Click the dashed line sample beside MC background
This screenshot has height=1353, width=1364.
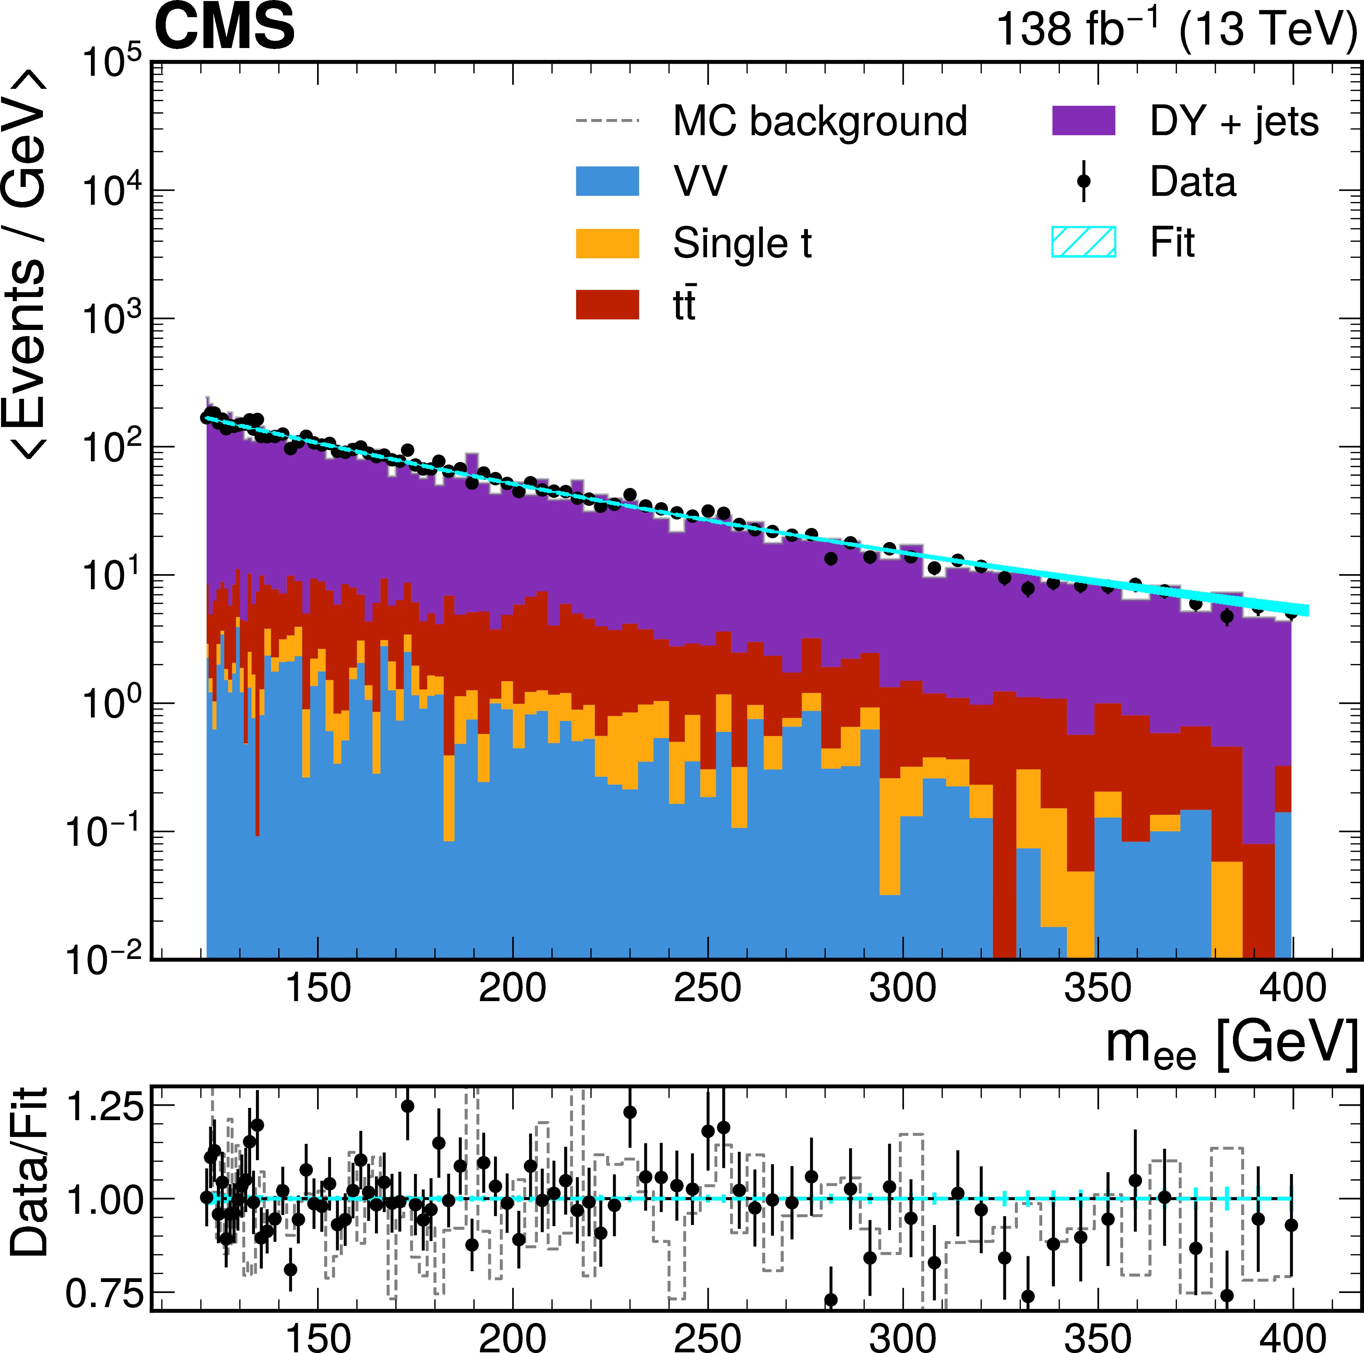tap(607, 121)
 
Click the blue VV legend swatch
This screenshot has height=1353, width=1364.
tap(607, 181)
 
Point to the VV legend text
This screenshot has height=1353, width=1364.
tap(699, 181)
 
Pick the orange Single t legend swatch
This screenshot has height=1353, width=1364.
tap(607, 244)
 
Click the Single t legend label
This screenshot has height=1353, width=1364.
tap(742, 244)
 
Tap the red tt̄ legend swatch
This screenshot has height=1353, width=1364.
tap(607, 305)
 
